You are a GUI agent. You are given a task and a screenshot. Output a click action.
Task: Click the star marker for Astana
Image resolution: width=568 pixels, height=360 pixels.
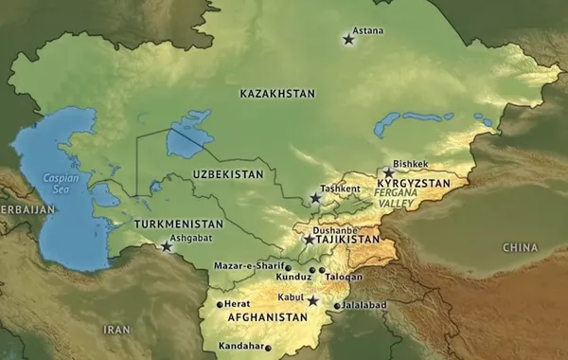pos(348,40)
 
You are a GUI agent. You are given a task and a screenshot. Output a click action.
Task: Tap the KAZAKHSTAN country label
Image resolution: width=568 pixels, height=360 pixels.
pos(277,94)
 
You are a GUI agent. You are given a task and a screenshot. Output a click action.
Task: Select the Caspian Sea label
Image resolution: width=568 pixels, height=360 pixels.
pos(62,182)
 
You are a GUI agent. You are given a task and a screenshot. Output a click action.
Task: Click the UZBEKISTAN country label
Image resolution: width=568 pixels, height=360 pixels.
pos(226,175)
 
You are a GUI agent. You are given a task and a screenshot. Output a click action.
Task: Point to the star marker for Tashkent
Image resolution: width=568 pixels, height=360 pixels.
pos(316,199)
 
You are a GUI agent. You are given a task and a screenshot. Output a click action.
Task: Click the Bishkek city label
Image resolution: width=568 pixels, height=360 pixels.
pos(410,163)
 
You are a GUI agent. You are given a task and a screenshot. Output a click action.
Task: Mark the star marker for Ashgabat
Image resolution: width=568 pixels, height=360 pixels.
pos(167,247)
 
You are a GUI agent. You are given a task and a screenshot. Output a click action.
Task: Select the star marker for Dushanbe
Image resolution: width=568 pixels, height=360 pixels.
pos(309,241)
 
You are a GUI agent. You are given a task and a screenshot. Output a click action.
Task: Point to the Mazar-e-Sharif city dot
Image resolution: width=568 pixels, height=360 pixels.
pos(288,267)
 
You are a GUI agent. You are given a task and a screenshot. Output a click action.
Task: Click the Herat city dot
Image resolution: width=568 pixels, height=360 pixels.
pos(220,305)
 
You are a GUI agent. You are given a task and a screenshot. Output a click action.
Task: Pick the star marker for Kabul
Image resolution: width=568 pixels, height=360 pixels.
pos(312,301)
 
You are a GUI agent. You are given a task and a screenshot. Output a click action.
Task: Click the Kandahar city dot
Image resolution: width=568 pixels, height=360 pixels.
pos(268,349)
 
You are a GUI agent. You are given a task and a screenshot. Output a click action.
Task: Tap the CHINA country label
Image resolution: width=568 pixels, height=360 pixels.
pos(520,247)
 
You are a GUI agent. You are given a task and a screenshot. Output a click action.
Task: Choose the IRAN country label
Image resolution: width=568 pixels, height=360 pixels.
pos(116,329)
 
